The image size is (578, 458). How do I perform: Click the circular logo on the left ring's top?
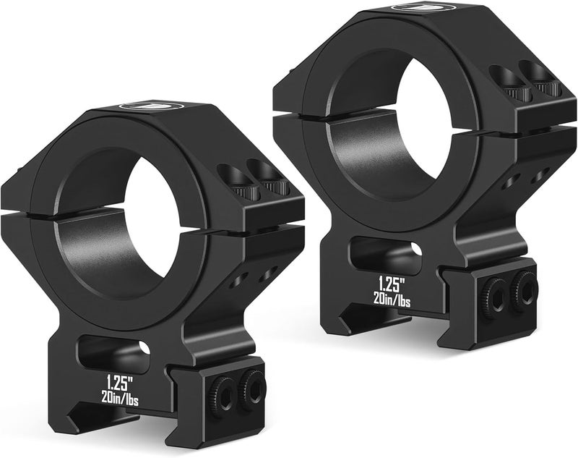click(150, 106)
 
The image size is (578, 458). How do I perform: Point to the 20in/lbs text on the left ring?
click(121, 399)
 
